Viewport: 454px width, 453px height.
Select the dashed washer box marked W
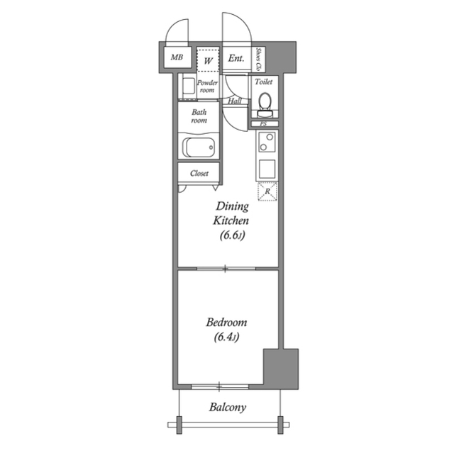click(x=208, y=60)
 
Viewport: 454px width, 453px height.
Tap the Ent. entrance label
click(x=236, y=60)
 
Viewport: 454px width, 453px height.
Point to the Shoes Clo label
click(x=260, y=60)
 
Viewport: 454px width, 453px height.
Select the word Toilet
click(x=264, y=82)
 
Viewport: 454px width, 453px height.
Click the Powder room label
click(x=207, y=86)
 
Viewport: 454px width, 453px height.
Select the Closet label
click(x=199, y=173)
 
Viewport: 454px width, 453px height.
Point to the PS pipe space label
click(x=263, y=125)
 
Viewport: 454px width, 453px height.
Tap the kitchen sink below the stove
click(x=267, y=169)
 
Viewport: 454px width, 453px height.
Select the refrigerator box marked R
click(x=267, y=191)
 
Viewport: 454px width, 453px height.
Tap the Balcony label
click(x=228, y=408)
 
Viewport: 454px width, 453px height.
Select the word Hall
click(x=235, y=101)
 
